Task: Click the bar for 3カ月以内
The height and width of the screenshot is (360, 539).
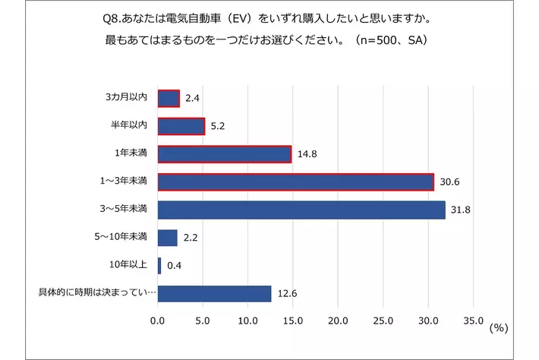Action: tap(169, 99)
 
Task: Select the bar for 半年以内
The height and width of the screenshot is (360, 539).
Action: tap(181, 126)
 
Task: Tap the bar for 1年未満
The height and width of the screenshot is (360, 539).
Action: tap(224, 154)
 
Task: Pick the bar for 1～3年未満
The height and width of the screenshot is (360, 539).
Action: tap(295, 182)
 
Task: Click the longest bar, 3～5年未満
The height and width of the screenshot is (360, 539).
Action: tap(301, 210)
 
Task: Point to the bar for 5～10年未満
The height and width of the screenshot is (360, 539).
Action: tap(167, 238)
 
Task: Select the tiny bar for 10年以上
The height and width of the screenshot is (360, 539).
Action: tap(159, 266)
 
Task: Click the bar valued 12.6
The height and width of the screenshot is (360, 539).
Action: tap(214, 293)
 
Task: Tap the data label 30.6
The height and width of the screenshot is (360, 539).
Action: tap(447, 182)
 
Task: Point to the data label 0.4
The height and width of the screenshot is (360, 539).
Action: tap(173, 266)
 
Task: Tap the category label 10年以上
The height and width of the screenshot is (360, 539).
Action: tap(129, 266)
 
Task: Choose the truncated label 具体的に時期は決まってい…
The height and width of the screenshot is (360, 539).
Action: tap(97, 293)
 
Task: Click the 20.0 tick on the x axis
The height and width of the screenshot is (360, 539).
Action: tap(338, 321)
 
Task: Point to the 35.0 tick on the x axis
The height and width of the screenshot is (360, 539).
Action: tap(473, 321)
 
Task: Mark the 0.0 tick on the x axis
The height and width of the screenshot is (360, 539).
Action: tap(157, 321)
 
